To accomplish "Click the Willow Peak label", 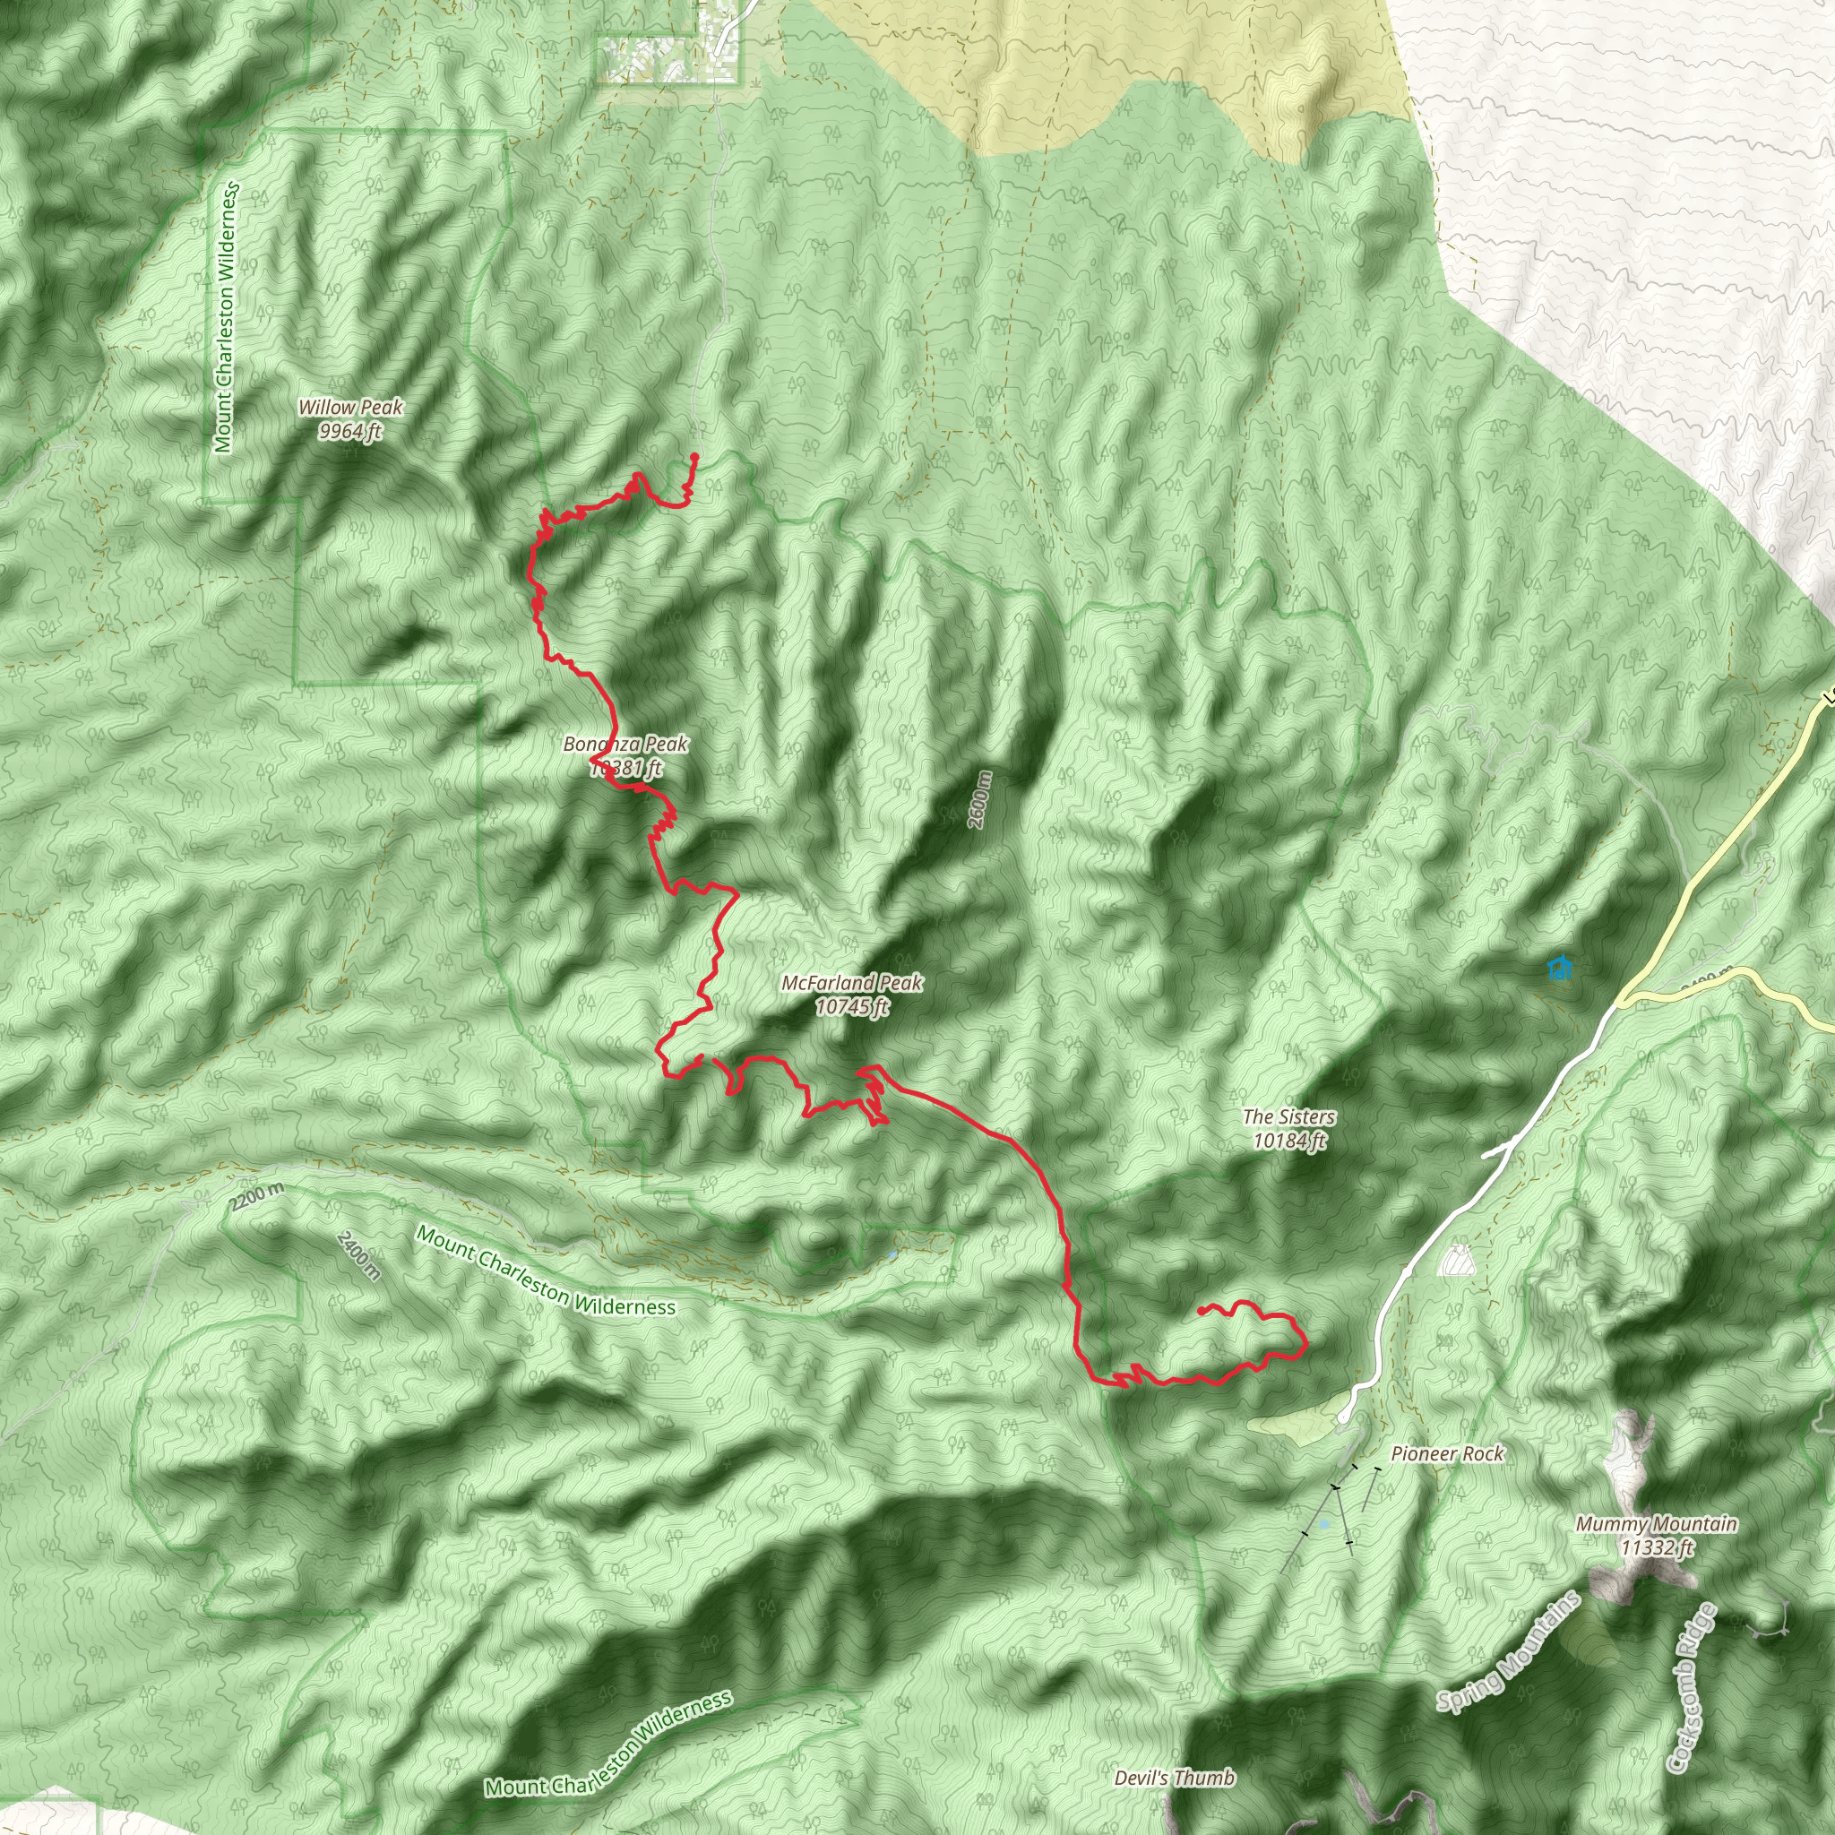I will click(350, 408).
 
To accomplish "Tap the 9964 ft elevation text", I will click(350, 431).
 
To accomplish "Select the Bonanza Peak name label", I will click(625, 744).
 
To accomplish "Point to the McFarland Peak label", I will click(852, 982).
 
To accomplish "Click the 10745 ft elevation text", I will click(852, 1006).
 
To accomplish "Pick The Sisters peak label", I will click(1288, 1117).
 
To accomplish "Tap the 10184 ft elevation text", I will click(1288, 1140).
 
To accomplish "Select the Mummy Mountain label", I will click(1657, 1524).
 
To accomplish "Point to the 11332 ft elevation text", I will click(1657, 1548).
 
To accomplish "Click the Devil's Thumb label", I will click(1175, 1777).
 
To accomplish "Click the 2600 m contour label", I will click(980, 800).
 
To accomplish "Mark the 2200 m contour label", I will click(256, 1198).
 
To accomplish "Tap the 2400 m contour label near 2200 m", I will click(359, 1255).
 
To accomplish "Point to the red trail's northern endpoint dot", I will click(694, 457).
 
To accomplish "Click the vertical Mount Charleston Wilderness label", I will click(225, 319).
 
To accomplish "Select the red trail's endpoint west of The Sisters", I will click(1202, 1311).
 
